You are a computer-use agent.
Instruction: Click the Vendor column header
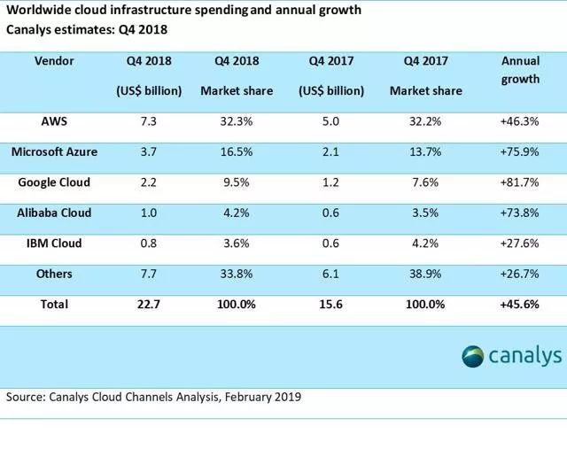(x=54, y=62)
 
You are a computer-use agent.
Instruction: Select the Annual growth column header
(x=520, y=69)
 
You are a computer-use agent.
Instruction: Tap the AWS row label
(x=54, y=121)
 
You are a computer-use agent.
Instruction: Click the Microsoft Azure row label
(x=54, y=151)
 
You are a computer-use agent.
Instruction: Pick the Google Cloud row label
(x=54, y=182)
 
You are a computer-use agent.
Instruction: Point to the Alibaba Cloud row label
(x=54, y=213)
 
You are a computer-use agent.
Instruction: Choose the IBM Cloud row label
(x=54, y=243)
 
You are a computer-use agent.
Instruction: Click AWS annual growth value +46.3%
(x=521, y=121)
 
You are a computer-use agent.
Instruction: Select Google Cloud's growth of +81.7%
(x=521, y=182)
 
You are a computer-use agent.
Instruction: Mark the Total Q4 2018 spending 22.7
(x=148, y=304)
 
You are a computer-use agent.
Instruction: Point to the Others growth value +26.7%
(x=521, y=274)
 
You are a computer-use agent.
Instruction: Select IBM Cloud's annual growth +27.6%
(x=521, y=243)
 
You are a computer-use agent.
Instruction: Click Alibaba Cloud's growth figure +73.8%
(x=521, y=213)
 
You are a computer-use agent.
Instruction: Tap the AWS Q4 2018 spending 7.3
(x=148, y=121)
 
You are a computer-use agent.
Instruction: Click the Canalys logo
(x=511, y=356)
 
